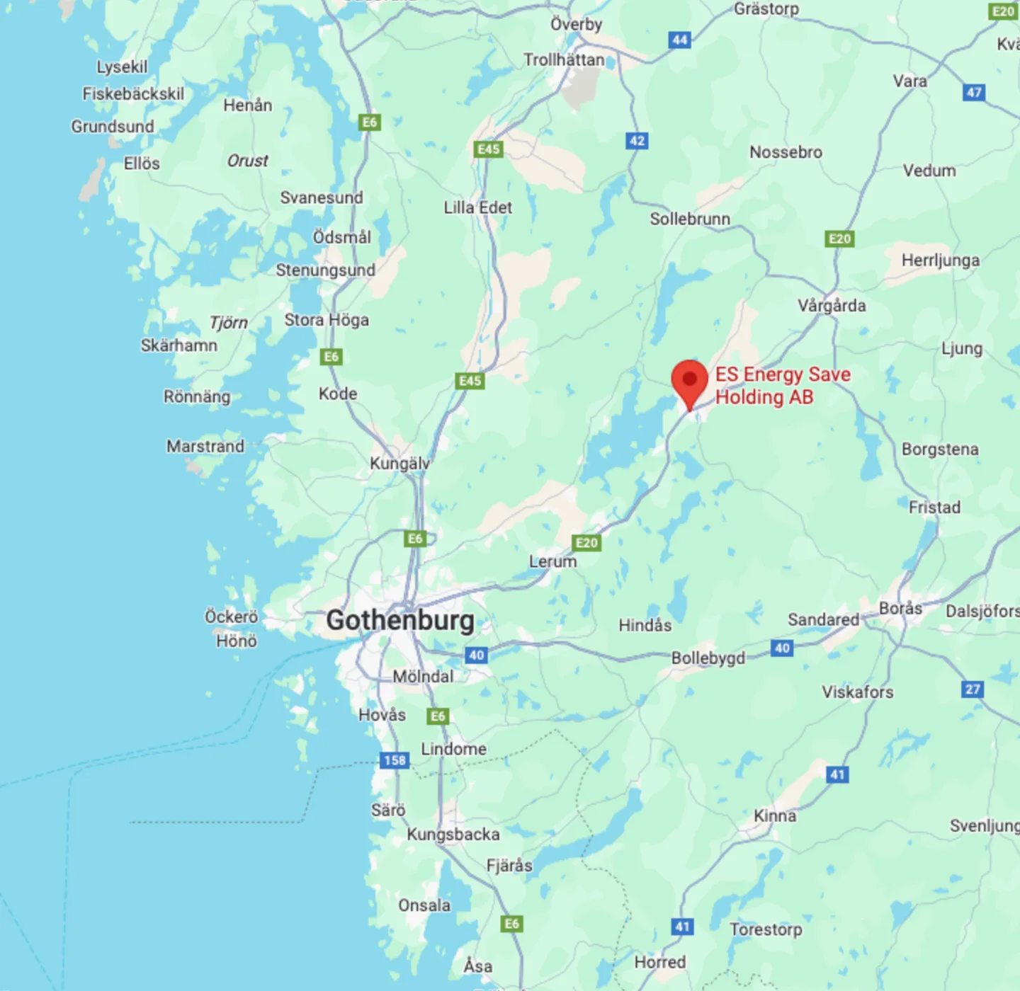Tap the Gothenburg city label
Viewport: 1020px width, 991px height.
click(400, 620)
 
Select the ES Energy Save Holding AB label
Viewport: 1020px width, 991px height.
click(782, 386)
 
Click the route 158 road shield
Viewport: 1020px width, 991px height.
click(395, 760)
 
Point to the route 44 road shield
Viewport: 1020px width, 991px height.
click(679, 40)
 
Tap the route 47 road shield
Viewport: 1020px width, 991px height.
click(974, 92)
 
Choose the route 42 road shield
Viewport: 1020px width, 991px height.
click(637, 140)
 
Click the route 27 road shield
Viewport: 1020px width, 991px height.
click(973, 689)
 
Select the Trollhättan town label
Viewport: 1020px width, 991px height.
click(564, 59)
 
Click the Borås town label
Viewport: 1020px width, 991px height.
click(900, 608)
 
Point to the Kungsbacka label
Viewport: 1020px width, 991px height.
click(453, 835)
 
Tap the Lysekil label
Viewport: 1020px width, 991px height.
click(122, 67)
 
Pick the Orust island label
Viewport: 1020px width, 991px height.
click(247, 161)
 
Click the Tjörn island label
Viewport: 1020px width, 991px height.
click(228, 323)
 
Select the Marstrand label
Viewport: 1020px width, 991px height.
click(205, 446)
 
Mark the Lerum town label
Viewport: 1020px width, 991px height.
click(552, 561)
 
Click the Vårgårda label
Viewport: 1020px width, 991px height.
click(832, 306)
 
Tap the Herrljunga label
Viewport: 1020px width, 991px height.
click(940, 260)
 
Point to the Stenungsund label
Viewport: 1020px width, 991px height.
click(325, 270)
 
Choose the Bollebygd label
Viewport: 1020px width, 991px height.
click(708, 658)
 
